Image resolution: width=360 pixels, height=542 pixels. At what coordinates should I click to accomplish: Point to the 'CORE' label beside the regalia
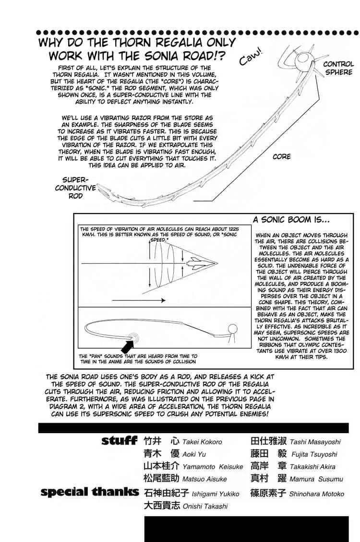pos(282,157)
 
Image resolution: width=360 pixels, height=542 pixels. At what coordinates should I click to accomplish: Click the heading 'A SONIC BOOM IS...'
pos(291,220)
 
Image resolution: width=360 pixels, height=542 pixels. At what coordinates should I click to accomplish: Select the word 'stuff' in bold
pos(120,440)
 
